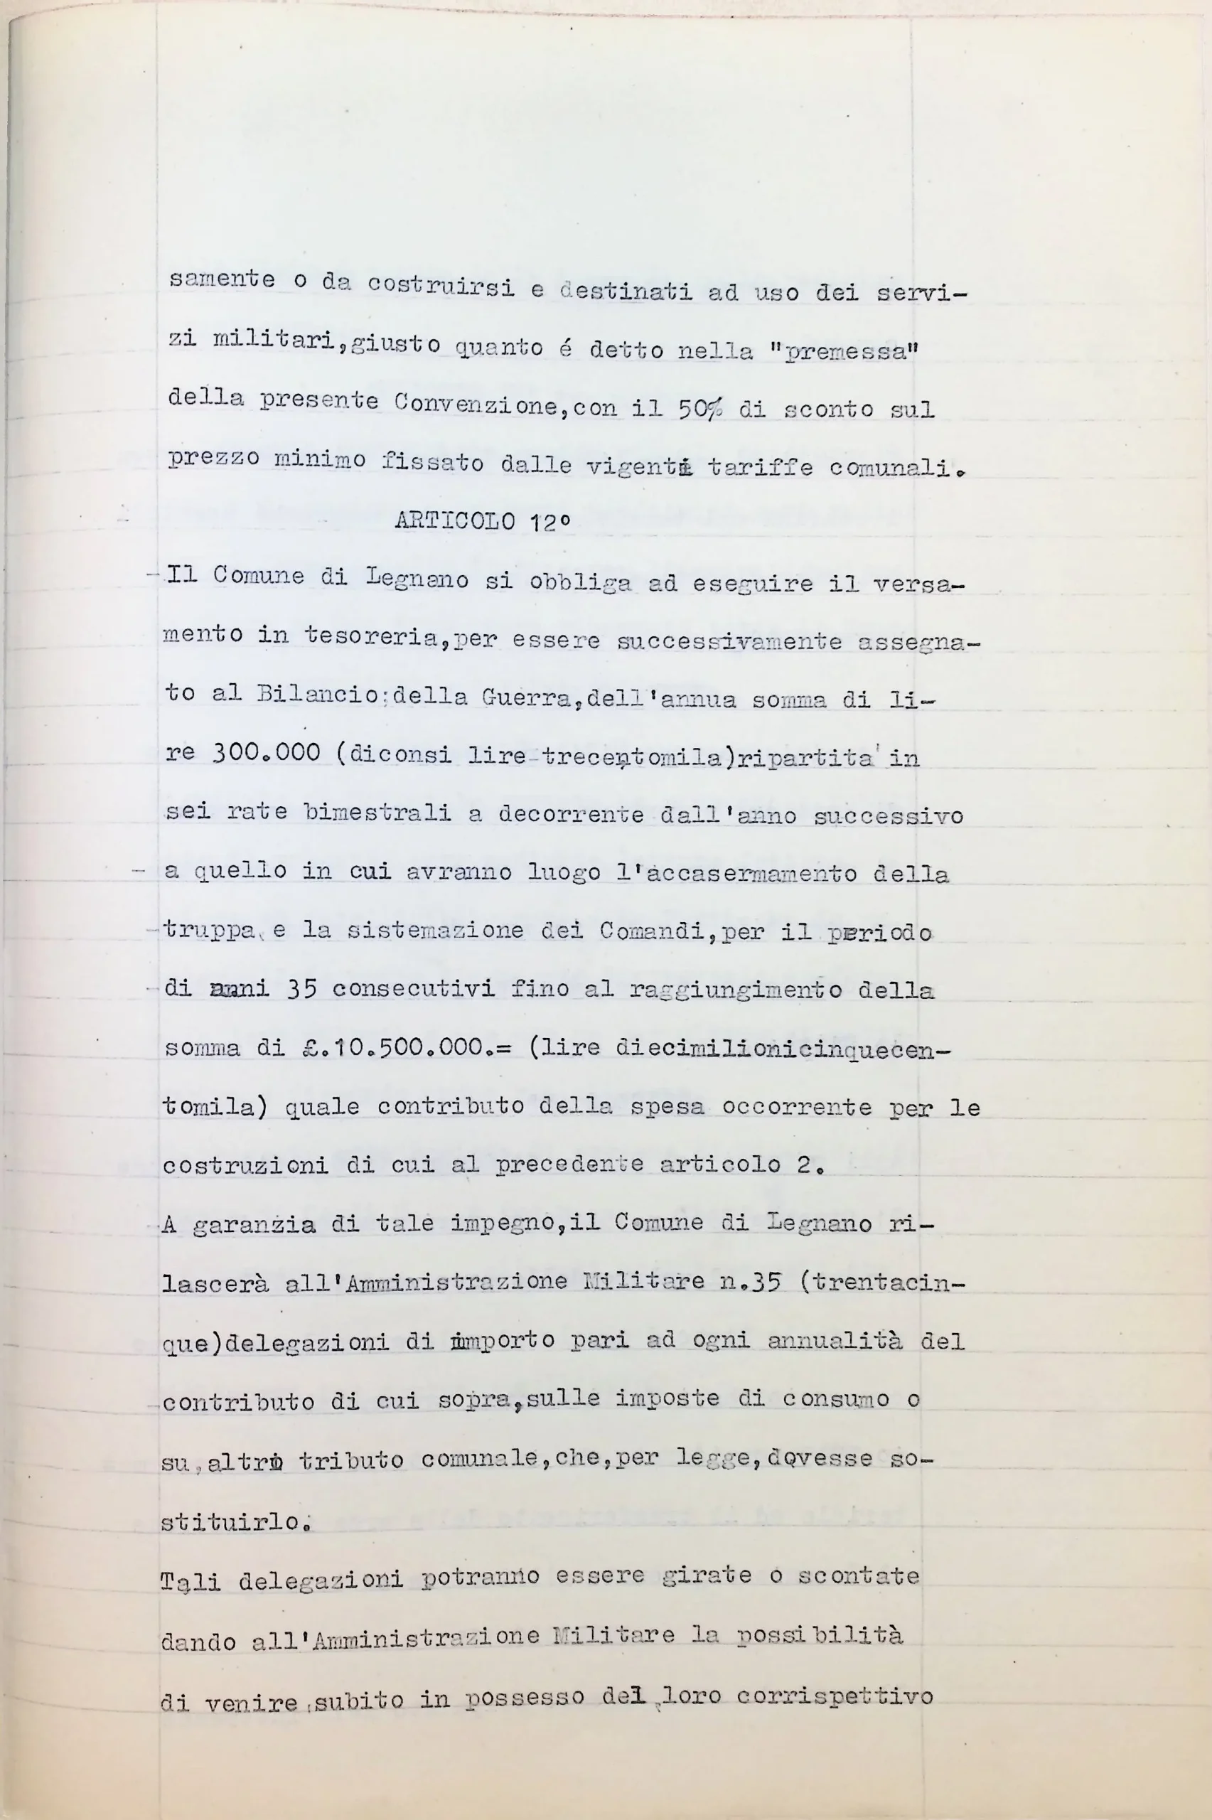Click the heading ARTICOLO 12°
point(483,521)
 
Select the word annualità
point(835,1341)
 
